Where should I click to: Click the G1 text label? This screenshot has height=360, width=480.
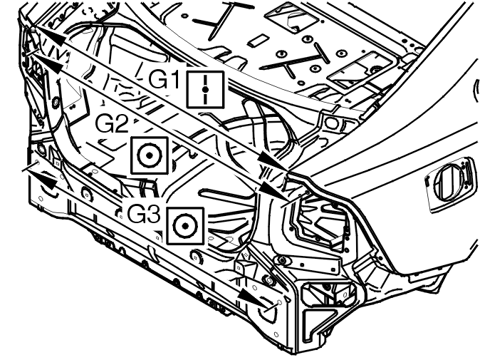[164, 78]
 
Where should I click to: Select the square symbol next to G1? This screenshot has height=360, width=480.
[205, 89]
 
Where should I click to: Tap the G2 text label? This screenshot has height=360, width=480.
[111, 123]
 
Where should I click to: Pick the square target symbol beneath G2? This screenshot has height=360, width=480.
[150, 155]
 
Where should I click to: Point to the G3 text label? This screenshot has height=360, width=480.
[144, 213]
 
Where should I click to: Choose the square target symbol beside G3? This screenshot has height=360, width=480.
[185, 226]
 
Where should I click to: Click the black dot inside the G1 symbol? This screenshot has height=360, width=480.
[205, 89]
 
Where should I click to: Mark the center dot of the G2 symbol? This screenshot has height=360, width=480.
[150, 155]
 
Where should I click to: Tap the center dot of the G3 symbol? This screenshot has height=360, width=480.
[185, 226]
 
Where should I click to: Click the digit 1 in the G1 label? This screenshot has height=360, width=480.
[174, 78]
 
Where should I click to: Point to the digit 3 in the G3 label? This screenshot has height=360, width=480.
[153, 213]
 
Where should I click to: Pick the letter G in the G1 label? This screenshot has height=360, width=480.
[157, 79]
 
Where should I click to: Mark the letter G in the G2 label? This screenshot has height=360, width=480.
[104, 123]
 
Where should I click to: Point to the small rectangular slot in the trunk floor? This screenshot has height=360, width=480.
[256, 41]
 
